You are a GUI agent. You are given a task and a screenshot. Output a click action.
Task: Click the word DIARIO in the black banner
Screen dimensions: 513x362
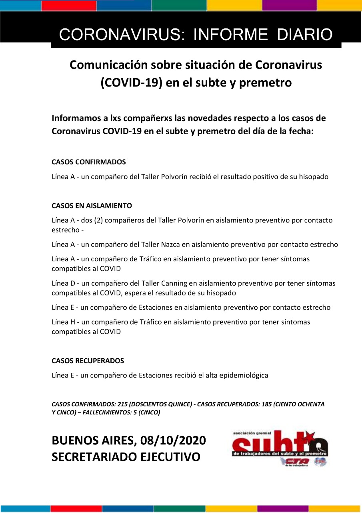click(305, 35)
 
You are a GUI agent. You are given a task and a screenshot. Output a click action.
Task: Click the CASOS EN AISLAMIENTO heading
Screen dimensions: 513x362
click(92, 206)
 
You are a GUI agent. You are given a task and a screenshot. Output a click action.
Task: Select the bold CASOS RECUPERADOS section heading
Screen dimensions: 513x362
click(88, 361)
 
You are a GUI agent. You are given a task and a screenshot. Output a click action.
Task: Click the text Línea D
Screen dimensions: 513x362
click(63, 283)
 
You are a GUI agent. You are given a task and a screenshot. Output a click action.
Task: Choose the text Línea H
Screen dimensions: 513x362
click(63, 322)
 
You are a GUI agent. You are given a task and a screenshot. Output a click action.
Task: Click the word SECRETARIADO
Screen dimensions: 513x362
click(92, 456)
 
